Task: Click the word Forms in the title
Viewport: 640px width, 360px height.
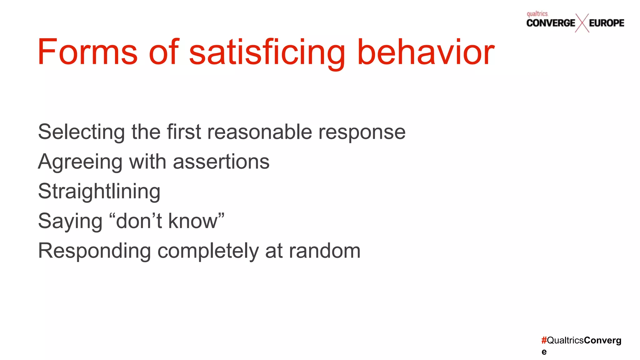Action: (x=87, y=52)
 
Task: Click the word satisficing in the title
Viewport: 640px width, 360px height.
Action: (x=267, y=52)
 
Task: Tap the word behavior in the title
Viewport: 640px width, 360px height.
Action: (x=426, y=52)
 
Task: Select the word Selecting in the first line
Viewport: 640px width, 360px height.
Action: (x=81, y=132)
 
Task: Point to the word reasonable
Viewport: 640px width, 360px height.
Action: (x=259, y=132)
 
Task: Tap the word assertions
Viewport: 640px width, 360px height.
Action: (x=221, y=162)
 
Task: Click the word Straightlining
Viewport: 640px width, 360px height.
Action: (x=99, y=192)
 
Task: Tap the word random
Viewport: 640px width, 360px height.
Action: (x=325, y=251)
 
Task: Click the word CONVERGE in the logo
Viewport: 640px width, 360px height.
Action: (x=551, y=23)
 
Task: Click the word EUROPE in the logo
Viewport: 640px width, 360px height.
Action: (x=607, y=23)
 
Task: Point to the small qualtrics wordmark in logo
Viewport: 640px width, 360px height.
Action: (x=537, y=14)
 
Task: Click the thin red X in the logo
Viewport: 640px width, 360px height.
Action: (x=582, y=23)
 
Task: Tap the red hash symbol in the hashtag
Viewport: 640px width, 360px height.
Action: (x=544, y=340)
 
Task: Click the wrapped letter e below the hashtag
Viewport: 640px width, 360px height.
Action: (x=544, y=352)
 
